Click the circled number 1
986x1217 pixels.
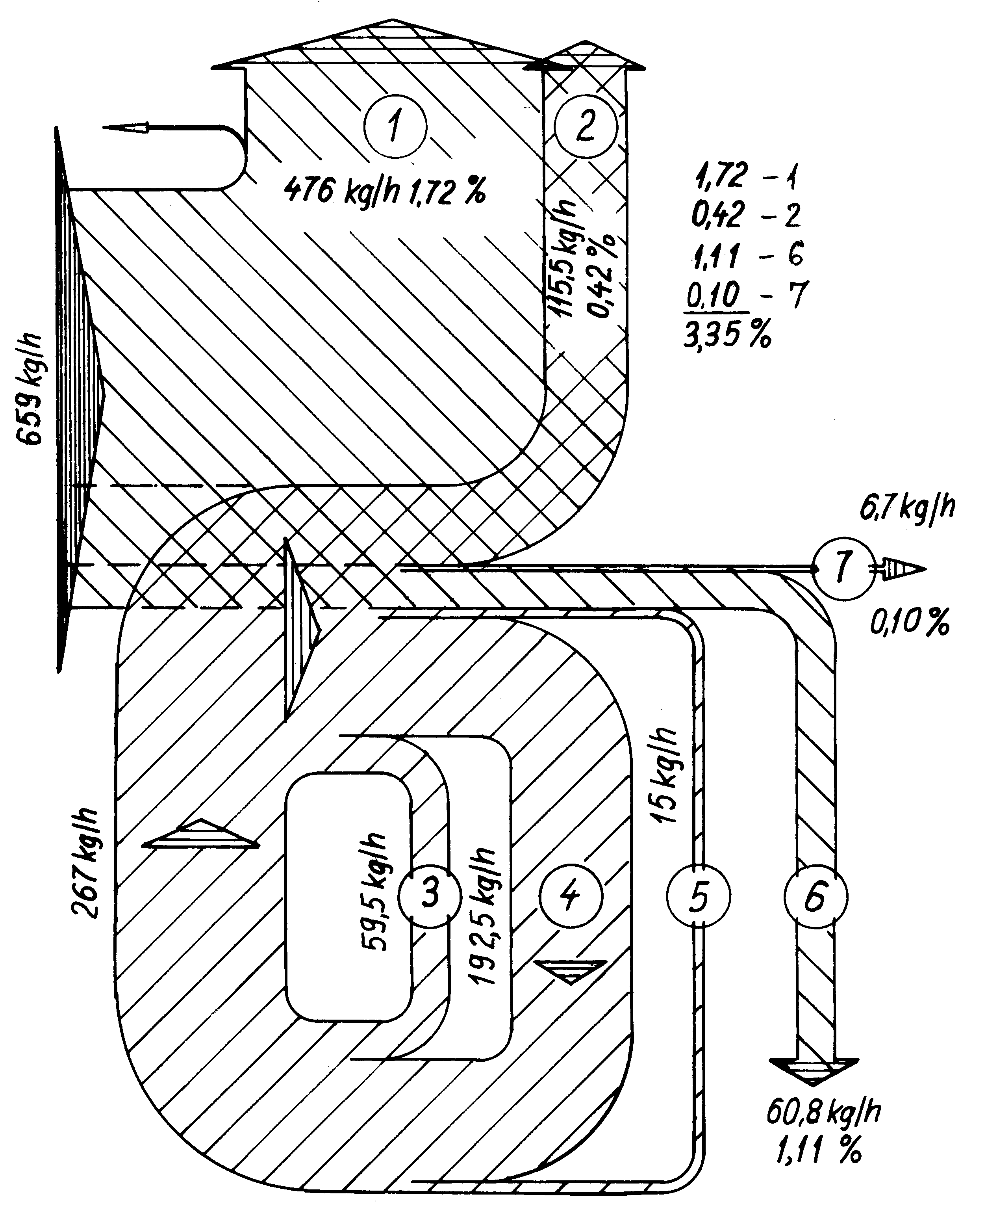394,126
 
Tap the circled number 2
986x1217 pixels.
585,126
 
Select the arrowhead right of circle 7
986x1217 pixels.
906,568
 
